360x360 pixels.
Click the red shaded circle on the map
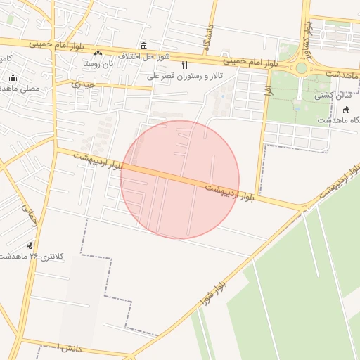(180, 179)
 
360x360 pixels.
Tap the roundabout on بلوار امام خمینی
(303, 68)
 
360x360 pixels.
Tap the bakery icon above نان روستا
(98, 53)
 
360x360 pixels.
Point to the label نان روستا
(98, 63)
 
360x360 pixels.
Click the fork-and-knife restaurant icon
(185, 65)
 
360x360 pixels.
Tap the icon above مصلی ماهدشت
(13, 78)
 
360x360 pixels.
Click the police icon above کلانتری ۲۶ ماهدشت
(30, 245)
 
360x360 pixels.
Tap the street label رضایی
(30, 213)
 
